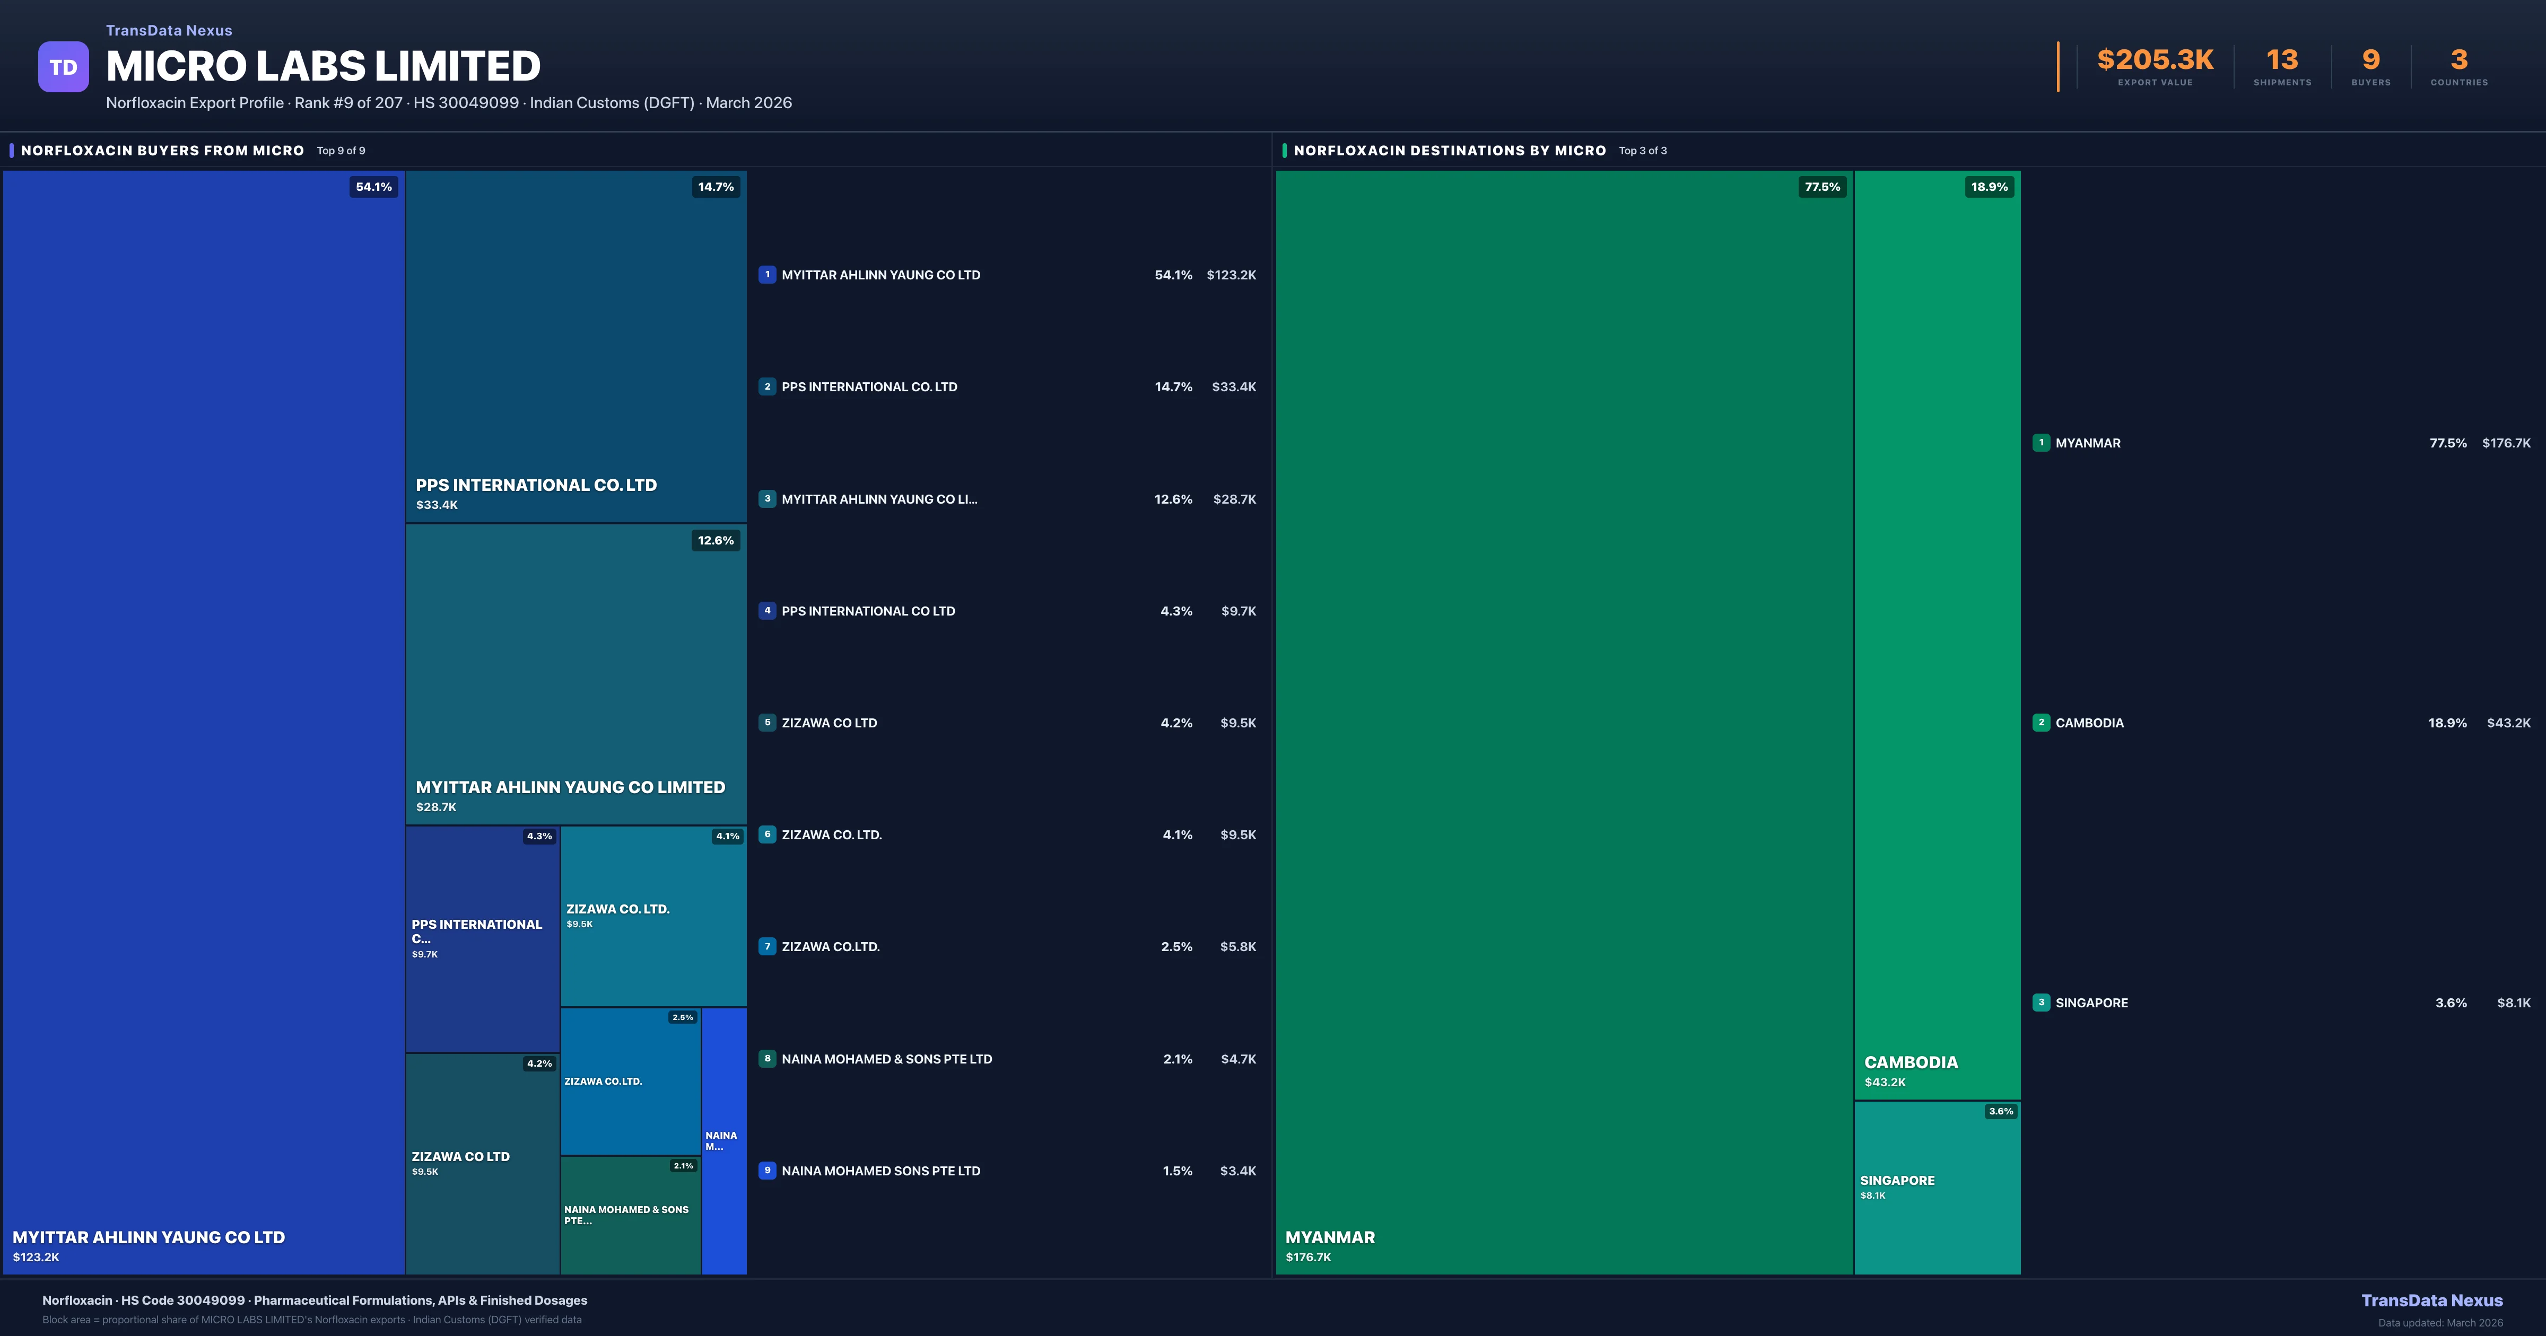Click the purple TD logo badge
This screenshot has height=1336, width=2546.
[63, 67]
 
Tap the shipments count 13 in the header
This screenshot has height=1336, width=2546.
[2282, 60]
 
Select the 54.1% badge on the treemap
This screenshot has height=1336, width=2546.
[373, 187]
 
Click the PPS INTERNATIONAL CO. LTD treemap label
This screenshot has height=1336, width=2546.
[536, 485]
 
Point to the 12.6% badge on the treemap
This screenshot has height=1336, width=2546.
[716, 541]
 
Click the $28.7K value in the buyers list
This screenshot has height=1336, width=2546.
[1234, 499]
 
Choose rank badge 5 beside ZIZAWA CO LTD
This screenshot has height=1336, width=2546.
[767, 723]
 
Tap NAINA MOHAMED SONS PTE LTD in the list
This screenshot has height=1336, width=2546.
[880, 1171]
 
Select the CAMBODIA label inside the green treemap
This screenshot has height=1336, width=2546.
[1911, 1062]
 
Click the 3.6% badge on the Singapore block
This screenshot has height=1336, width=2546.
[2000, 1112]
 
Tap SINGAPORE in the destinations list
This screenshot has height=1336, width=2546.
[2091, 1003]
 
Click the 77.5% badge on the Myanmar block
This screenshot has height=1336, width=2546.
[1821, 187]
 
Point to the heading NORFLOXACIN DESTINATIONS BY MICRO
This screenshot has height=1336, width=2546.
[1449, 150]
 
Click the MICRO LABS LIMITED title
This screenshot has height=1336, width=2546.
[323, 66]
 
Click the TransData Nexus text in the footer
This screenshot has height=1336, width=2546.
[2431, 1300]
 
